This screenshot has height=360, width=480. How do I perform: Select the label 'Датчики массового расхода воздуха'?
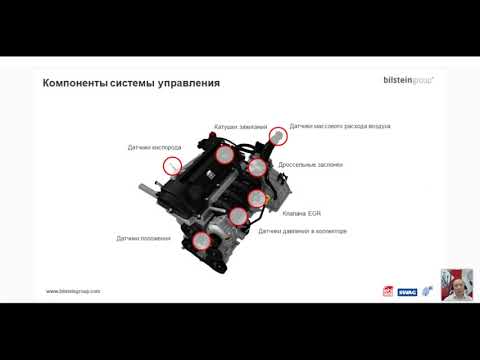click(x=340, y=126)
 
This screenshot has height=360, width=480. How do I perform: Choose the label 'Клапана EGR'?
click(x=301, y=212)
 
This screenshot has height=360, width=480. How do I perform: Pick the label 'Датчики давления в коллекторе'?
click(x=302, y=231)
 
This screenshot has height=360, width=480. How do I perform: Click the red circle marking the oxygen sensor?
click(x=172, y=167)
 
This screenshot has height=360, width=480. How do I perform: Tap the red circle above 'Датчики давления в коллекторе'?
click(x=237, y=215)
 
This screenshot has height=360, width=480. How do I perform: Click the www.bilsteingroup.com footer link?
click(x=74, y=292)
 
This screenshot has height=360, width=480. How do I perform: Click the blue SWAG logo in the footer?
click(x=408, y=292)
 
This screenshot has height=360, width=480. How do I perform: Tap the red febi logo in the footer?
click(x=389, y=292)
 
